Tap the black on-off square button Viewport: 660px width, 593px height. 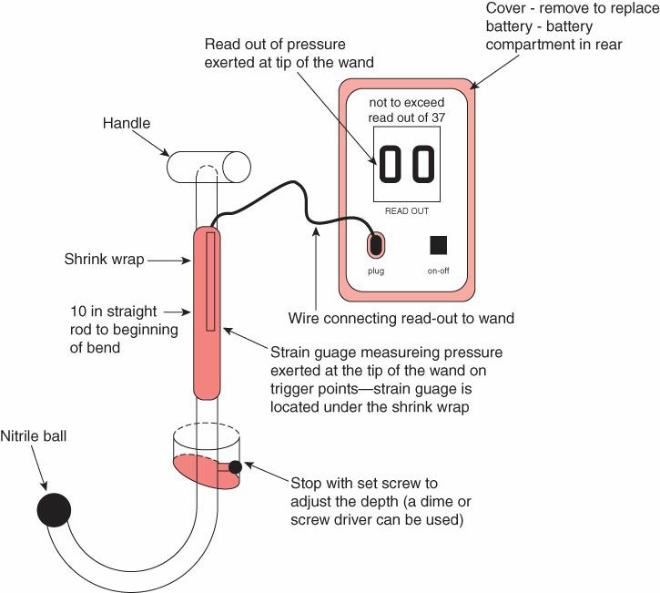click(439, 245)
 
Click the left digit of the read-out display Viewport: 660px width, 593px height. click(389, 166)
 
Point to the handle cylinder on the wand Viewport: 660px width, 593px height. click(208, 166)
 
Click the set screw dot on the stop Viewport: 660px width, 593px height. click(236, 467)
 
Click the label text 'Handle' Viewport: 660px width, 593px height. click(127, 122)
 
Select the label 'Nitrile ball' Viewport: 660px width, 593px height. click(34, 435)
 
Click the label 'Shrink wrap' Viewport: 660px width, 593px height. click(103, 260)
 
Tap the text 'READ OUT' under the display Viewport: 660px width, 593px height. click(407, 210)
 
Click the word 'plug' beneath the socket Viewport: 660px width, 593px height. click(376, 271)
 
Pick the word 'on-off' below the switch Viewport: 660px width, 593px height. click(439, 271)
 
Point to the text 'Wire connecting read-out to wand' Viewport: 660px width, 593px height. click(401, 319)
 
